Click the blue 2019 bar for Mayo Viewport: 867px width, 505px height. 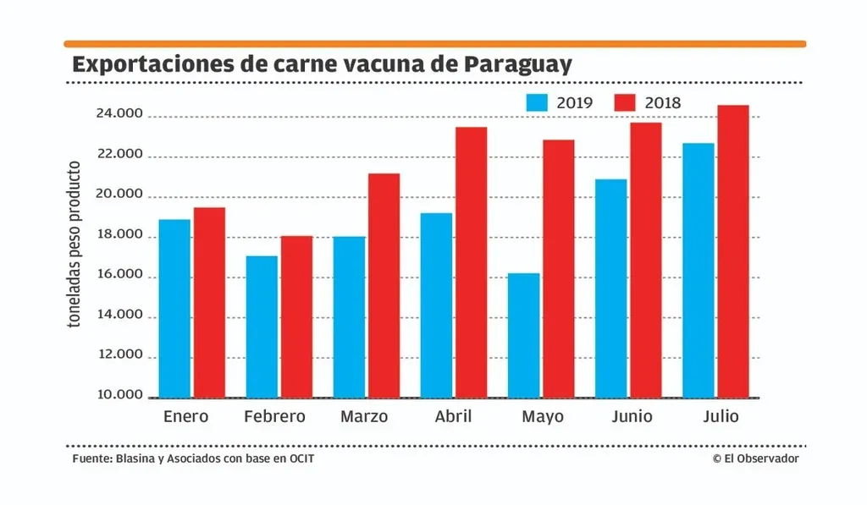tap(523, 335)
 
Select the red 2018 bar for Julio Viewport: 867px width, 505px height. tap(732, 251)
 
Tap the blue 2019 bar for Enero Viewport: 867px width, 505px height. tap(174, 308)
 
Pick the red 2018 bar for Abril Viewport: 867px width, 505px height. tap(471, 262)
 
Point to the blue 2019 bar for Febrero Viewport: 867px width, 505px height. tap(262, 327)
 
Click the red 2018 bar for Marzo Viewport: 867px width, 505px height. tap(384, 285)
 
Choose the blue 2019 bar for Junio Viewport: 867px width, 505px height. tap(611, 288)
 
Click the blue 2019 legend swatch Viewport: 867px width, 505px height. tap(537, 103)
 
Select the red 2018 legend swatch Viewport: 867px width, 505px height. tap(624, 103)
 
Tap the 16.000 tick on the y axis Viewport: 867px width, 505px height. tap(118, 276)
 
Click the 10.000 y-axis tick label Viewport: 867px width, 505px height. tap(118, 396)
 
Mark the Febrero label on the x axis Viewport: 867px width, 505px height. tap(274, 417)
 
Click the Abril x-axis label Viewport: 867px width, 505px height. tap(453, 417)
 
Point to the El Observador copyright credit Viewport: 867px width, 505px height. tap(756, 458)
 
